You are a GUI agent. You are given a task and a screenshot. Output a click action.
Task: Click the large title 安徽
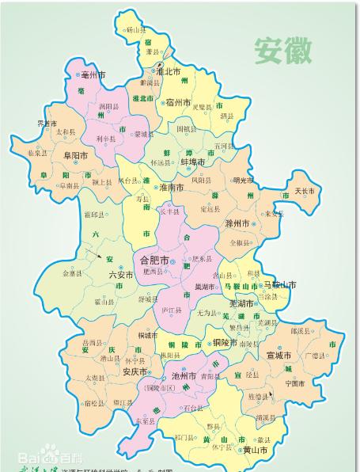[x=282, y=50]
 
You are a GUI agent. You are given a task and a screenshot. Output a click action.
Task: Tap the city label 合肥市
[x=154, y=261]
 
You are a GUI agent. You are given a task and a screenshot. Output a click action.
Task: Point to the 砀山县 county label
[x=138, y=30]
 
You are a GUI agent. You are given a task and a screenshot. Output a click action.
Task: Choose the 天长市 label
[x=304, y=192]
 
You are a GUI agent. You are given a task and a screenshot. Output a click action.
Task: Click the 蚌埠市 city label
[x=193, y=162]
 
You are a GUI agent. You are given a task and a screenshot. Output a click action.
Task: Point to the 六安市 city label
[x=123, y=274]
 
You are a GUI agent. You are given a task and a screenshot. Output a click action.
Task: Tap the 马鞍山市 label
[x=279, y=285]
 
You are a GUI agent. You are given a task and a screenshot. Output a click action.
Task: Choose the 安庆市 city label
[x=132, y=371]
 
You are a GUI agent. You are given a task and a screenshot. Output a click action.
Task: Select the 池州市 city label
[x=184, y=377]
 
